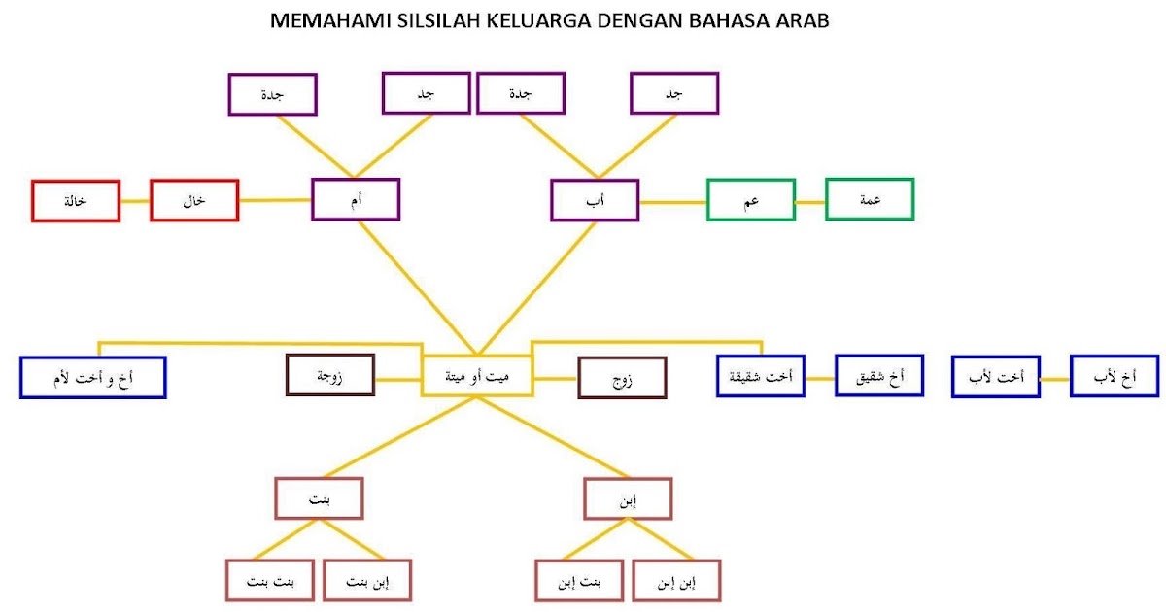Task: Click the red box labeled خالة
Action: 75,201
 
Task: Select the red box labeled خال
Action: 194,201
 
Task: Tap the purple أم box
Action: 356,199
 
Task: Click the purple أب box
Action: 594,200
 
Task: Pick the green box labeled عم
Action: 751,201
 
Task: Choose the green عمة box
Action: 870,199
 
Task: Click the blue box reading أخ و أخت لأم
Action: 93,377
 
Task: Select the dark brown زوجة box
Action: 330,375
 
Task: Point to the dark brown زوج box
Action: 622,377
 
